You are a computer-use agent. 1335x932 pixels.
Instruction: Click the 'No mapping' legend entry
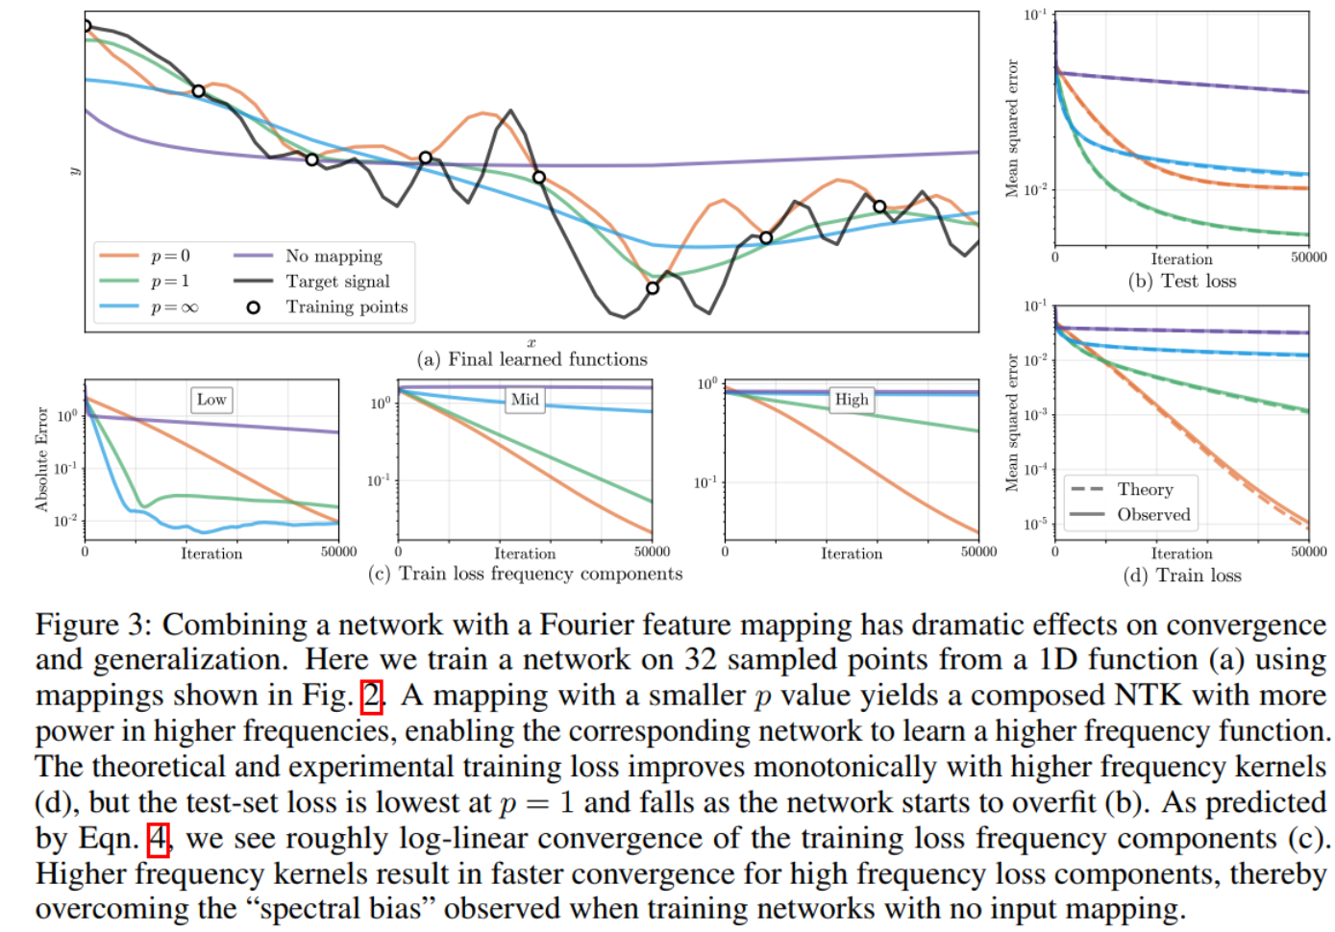point(333,256)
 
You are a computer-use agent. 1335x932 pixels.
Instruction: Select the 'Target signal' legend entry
point(337,282)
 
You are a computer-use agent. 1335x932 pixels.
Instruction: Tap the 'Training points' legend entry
point(346,307)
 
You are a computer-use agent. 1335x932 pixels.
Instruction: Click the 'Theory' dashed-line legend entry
point(1144,489)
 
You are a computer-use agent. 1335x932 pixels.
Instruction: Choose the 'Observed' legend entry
point(1152,515)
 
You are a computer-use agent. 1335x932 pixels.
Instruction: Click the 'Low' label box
point(211,400)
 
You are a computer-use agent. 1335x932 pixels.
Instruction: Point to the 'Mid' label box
point(525,400)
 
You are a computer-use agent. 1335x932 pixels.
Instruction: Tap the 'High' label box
point(852,400)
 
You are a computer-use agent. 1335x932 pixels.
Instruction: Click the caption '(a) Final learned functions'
point(532,359)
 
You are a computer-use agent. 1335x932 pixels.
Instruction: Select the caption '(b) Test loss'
point(1182,282)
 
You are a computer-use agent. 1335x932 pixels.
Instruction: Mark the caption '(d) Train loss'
point(1182,576)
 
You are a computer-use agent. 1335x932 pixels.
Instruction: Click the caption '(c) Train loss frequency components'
point(526,574)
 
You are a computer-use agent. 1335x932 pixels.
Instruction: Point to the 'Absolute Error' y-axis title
point(41,459)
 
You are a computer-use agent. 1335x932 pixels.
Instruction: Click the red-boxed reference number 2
point(371,696)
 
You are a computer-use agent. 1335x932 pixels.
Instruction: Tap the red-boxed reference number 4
point(158,839)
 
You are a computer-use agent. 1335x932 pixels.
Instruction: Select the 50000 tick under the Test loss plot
point(1308,258)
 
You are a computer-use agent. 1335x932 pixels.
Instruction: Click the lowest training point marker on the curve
point(653,287)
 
